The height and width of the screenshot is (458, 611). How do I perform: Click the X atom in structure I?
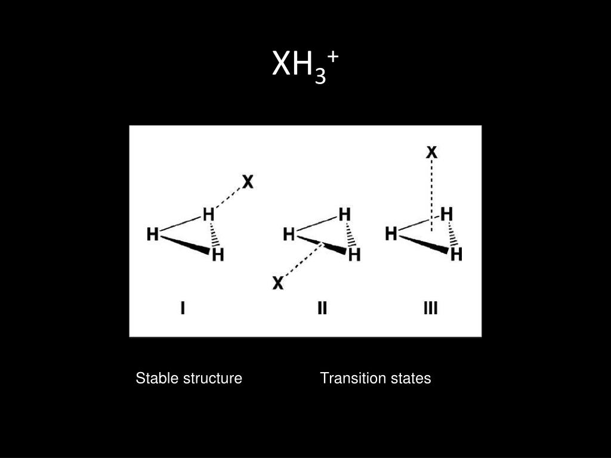(248, 182)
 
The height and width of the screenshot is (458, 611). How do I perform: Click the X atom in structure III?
(431, 153)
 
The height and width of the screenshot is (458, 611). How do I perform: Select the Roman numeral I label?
(183, 308)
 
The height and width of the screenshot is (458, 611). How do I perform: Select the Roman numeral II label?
(322, 308)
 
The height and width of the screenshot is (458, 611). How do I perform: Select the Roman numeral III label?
(431, 308)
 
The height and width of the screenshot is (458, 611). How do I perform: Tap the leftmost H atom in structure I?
(153, 235)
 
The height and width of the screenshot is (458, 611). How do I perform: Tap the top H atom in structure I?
(208, 214)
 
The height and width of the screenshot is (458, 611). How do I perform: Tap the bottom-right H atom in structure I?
(218, 255)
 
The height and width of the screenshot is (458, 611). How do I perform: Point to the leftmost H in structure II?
(289, 235)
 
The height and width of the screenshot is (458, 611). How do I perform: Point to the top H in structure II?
(344, 214)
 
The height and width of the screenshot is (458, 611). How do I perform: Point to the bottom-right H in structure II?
(354, 255)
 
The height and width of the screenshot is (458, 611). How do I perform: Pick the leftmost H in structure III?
(391, 234)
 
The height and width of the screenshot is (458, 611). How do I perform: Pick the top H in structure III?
(446, 213)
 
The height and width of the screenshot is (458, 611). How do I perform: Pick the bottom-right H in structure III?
(456, 255)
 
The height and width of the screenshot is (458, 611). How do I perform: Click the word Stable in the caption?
(153, 378)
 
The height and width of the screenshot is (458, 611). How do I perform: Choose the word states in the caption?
(412, 378)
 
